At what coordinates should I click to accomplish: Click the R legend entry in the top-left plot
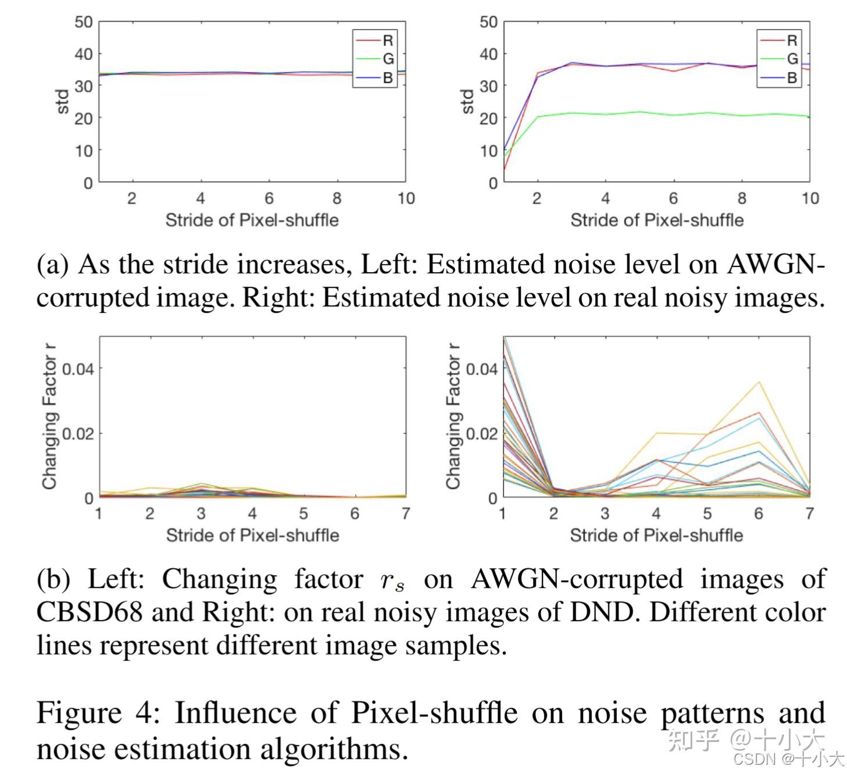point(387,40)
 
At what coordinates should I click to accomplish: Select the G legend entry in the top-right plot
point(792,59)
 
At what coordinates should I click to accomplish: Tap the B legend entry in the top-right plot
point(792,77)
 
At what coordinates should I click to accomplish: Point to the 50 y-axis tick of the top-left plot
point(83,22)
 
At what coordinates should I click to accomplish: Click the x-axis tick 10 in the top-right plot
point(810,199)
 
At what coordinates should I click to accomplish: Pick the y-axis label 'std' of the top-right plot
point(467,102)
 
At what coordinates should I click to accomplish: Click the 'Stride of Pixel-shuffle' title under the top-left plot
point(252,220)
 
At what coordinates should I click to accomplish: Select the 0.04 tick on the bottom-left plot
point(77,369)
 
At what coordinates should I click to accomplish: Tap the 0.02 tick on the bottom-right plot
point(481,434)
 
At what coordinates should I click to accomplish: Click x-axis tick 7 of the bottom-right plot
point(809,513)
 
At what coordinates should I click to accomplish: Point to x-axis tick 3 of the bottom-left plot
point(201,513)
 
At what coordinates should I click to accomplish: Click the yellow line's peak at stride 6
point(758,382)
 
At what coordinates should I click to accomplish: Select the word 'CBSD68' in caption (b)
point(89,612)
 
